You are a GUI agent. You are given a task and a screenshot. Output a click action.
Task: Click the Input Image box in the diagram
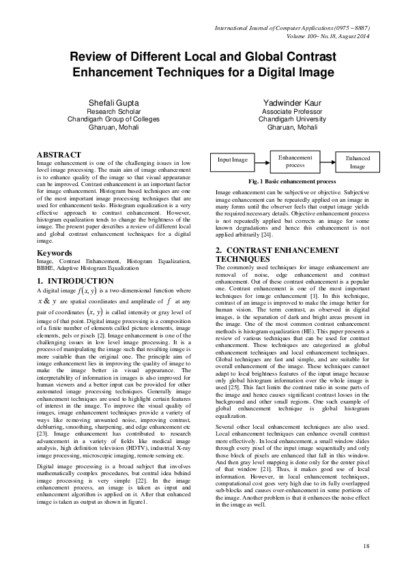pos(233,160)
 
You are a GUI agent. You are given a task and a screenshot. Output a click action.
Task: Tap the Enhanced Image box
pos(358,162)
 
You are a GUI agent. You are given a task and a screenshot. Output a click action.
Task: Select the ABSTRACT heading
pos(59,155)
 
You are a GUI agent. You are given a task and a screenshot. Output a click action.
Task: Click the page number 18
pos(366,547)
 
